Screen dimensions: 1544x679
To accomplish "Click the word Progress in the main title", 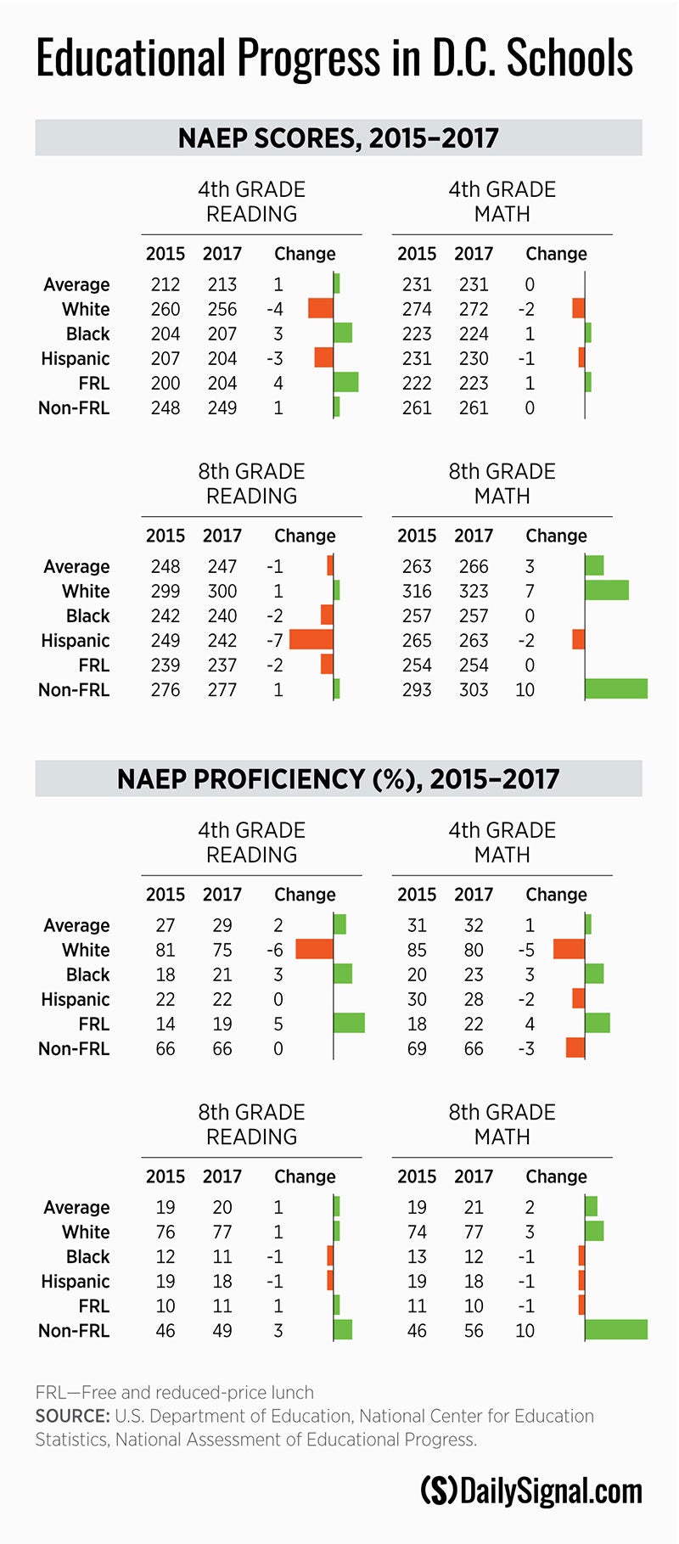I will click(308, 59).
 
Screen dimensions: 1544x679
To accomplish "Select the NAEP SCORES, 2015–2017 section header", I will click(338, 138).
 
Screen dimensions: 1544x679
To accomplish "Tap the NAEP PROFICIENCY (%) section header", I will click(338, 778).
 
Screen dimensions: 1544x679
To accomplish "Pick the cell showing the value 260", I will click(166, 309).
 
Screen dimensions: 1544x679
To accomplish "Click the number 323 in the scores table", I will click(474, 591).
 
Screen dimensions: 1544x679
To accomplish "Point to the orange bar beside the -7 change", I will click(311, 640).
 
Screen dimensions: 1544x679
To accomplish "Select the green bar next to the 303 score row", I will click(616, 689).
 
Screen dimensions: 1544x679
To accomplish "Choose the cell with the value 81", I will click(166, 950).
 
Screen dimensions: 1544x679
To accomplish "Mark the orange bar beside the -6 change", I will click(314, 950).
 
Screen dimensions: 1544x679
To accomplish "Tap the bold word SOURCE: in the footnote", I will click(72, 1416).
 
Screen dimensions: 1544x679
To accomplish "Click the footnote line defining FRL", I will click(175, 1392).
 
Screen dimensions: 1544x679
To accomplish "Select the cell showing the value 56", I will click(474, 1330).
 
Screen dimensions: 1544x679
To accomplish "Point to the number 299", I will click(166, 591).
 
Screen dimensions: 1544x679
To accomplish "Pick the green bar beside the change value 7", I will click(607, 591).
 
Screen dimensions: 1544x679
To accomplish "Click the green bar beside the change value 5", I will click(349, 1024).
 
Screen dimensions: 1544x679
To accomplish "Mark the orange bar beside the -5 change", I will click(569, 950).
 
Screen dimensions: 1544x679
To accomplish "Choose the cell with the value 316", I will click(417, 591).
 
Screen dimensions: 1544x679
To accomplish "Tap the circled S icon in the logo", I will click(439, 1491).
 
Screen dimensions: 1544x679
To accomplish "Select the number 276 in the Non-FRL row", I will click(166, 689).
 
